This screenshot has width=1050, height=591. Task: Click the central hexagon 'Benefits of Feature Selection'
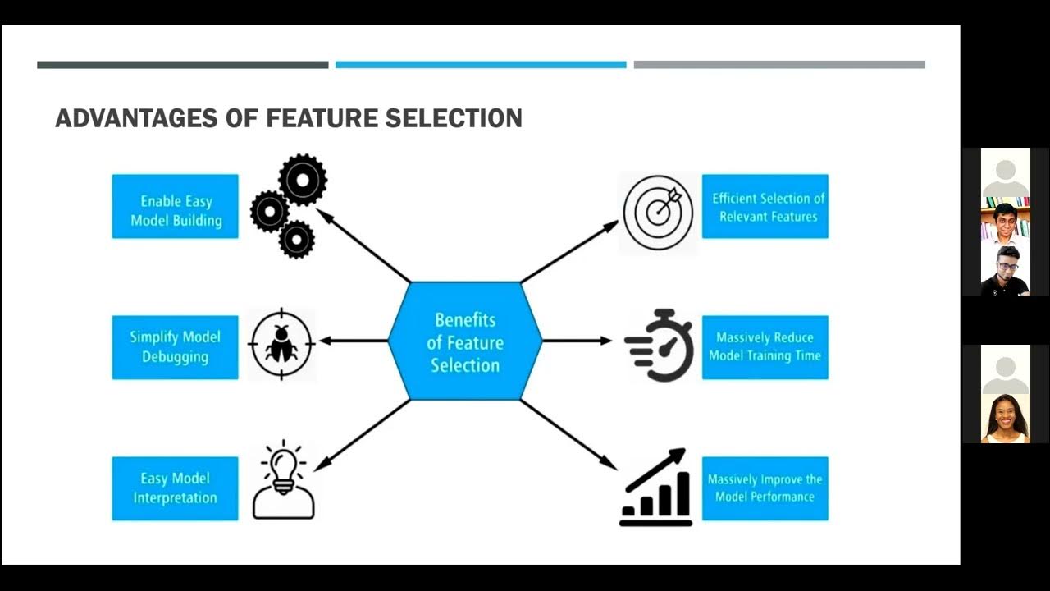point(465,341)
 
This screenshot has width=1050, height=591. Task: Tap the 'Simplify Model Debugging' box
point(175,347)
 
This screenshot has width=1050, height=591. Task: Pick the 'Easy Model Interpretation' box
point(175,488)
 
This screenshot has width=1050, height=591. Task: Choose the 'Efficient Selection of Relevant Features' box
point(765,206)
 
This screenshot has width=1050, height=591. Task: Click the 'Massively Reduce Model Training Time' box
point(765,347)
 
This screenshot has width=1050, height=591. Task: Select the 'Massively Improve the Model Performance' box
point(765,488)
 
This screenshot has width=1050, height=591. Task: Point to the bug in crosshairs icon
point(281,344)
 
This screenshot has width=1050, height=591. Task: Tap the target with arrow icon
point(658,212)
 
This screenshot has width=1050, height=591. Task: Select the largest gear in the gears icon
point(302,178)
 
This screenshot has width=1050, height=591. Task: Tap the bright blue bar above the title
point(481,65)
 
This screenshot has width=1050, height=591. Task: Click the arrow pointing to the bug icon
point(353,341)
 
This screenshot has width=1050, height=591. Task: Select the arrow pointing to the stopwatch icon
point(577,341)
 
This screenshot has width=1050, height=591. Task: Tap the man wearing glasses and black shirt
point(1005,271)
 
